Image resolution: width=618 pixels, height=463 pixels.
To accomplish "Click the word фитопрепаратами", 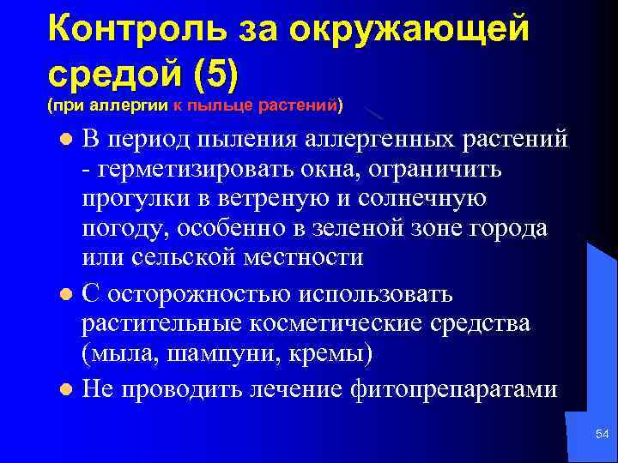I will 454,388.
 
